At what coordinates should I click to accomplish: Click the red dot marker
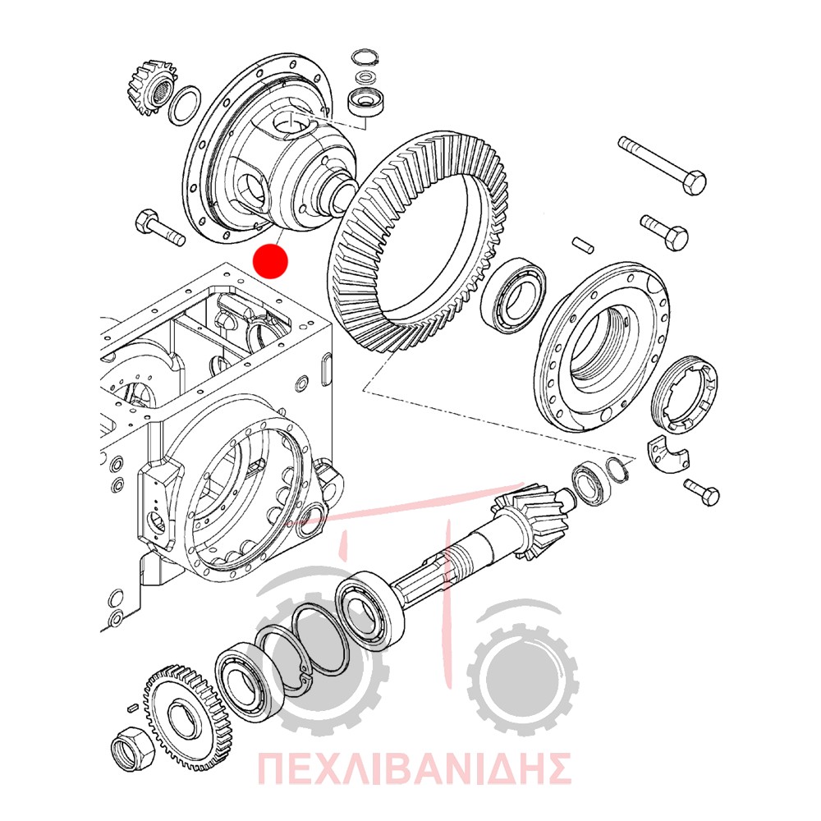tap(270, 261)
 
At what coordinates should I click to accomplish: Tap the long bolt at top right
tap(663, 166)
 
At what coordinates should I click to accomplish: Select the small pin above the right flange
tap(583, 245)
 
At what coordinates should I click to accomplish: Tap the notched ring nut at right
tap(686, 395)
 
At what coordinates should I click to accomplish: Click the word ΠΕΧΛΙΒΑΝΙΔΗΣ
tap(414, 768)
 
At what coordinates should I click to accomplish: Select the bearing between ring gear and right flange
tap(513, 295)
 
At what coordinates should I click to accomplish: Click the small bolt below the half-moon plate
tap(702, 492)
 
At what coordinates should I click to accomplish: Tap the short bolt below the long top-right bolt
tap(663, 232)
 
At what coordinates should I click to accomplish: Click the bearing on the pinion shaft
tap(369, 611)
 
